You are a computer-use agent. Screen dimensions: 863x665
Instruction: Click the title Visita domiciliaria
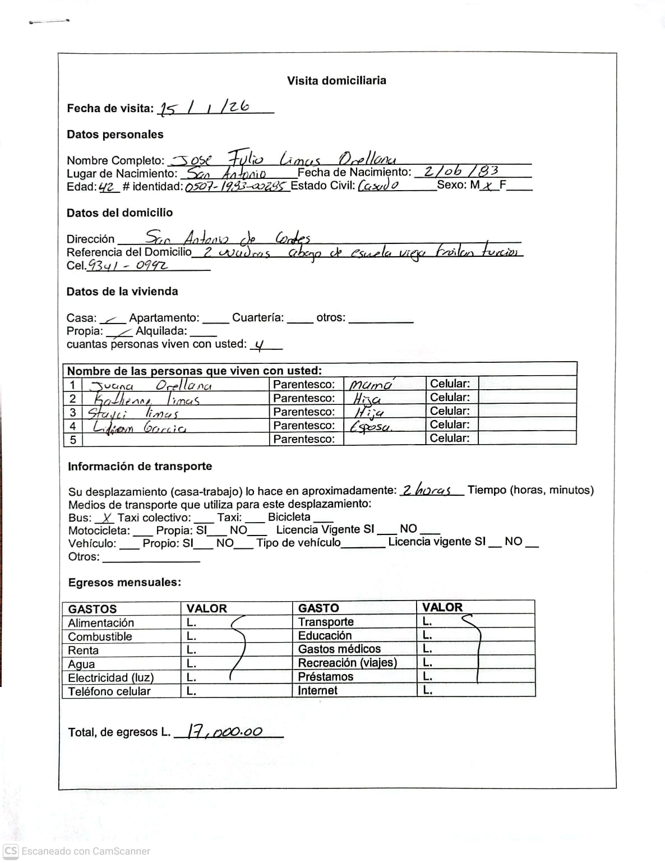point(336,80)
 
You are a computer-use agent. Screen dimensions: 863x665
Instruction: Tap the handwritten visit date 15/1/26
point(204,107)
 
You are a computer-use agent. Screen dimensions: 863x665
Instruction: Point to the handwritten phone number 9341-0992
point(127,265)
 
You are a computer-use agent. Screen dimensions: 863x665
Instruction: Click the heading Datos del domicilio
point(119,213)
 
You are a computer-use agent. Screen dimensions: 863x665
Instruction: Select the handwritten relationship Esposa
point(371,427)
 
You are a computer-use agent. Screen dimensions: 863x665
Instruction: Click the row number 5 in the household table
point(72,440)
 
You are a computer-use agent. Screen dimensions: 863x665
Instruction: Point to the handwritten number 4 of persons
point(258,345)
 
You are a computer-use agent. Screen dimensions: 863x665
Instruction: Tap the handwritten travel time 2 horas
point(427,490)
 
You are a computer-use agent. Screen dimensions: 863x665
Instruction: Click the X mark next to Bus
point(107,518)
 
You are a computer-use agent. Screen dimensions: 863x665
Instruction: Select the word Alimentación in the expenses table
point(101,623)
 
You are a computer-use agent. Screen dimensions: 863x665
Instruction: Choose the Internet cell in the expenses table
point(317,690)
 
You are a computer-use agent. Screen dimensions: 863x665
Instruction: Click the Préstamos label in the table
point(325,676)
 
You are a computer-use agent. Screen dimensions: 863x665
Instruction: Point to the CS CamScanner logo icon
point(11,851)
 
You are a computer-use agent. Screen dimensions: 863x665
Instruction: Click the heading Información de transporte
point(140,466)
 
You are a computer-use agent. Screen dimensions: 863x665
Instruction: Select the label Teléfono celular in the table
point(109,691)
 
